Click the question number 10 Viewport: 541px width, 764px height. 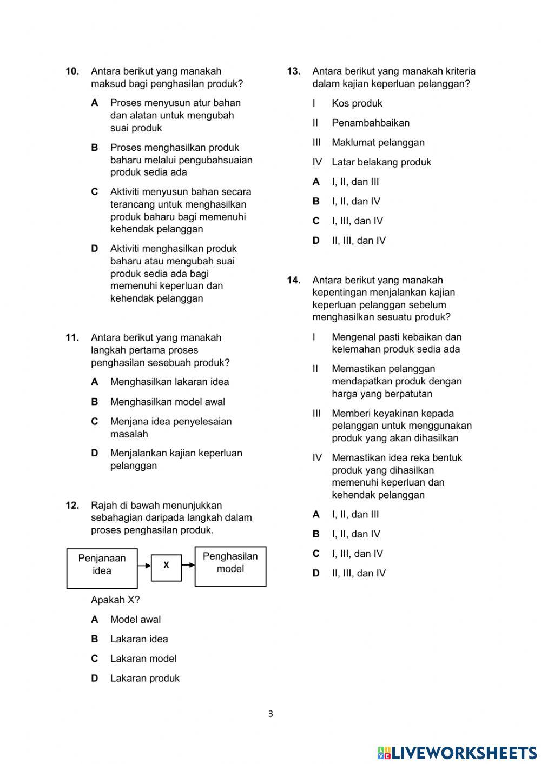pos(72,71)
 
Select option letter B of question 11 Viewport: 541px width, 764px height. pos(95,402)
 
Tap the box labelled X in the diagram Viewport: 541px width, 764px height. pos(166,566)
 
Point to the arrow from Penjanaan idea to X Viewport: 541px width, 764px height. pos(144,566)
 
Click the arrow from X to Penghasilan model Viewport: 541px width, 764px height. pos(188,566)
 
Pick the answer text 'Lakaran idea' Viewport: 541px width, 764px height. pos(139,639)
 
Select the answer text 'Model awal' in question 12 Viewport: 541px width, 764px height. pos(135,620)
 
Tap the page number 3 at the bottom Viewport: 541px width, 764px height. pos(270,714)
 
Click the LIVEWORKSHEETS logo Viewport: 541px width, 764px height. pos(457,753)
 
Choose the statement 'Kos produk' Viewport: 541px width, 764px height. pos(357,103)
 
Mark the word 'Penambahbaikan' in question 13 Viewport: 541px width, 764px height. pos(371,123)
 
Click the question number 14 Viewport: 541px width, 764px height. pos(293,280)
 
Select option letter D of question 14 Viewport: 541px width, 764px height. pos(316,573)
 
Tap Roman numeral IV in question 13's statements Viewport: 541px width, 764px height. pos(317,162)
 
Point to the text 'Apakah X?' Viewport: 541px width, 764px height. pos(115,600)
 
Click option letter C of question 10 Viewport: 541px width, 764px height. pos(95,192)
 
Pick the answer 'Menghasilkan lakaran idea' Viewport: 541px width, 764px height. pos(169,382)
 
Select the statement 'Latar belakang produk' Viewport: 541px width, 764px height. pos(381,162)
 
